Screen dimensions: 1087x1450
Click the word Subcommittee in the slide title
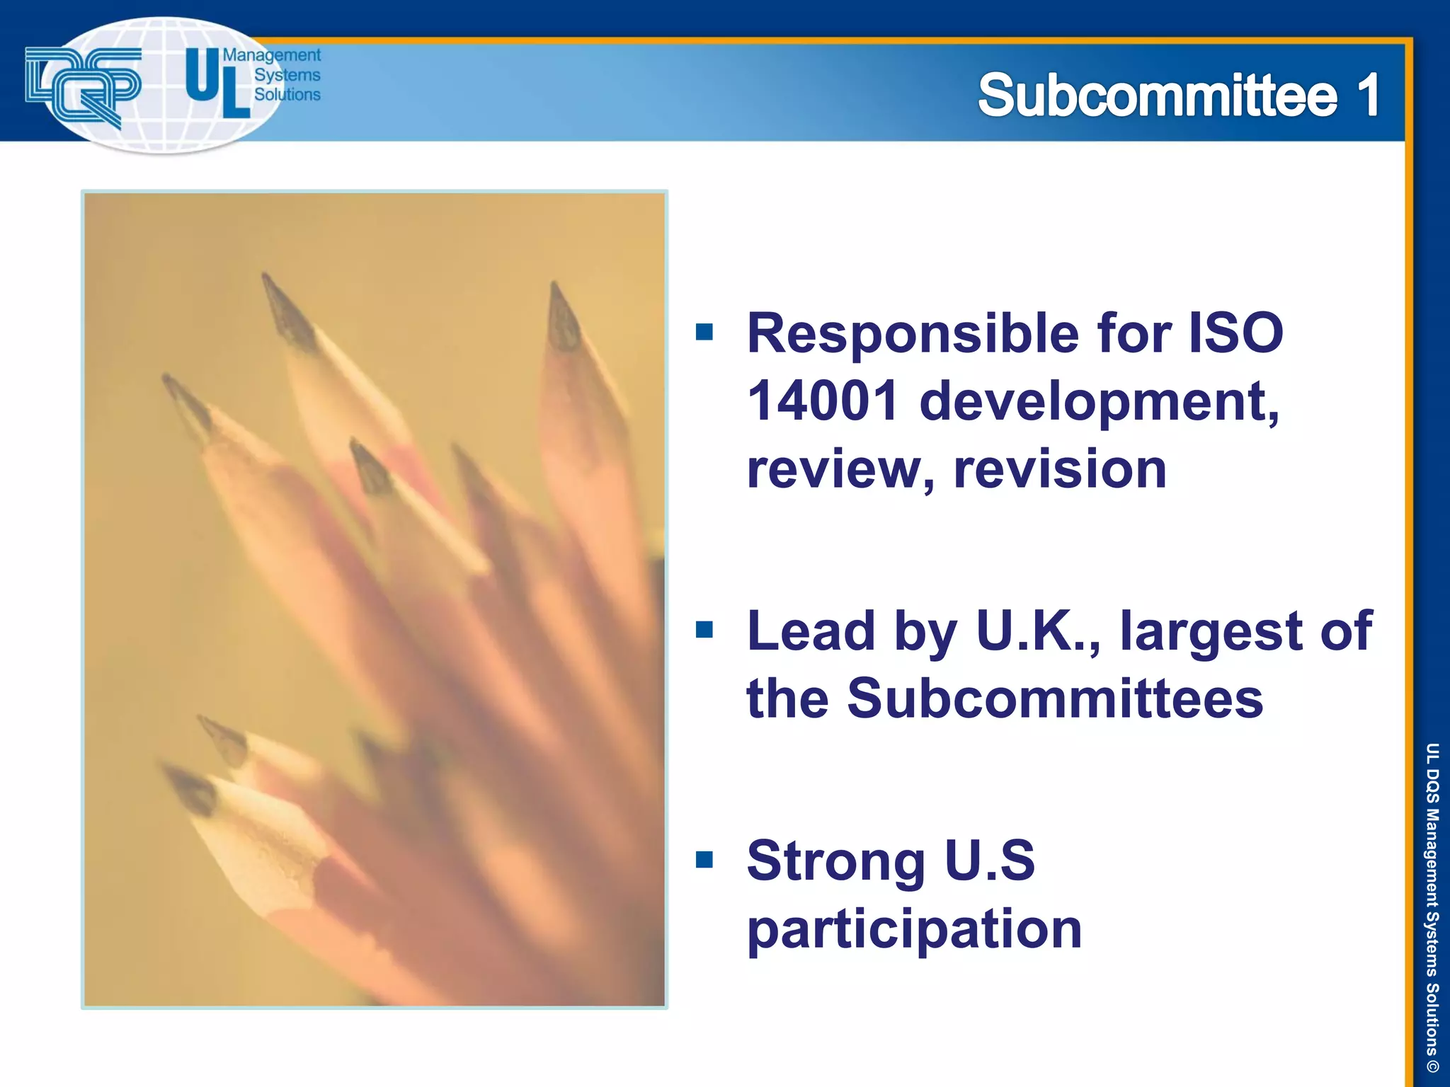point(1158,96)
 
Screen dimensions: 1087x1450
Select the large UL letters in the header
point(217,83)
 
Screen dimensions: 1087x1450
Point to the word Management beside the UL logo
point(272,56)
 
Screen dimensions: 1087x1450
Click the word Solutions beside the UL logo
point(287,94)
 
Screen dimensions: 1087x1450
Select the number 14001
point(823,401)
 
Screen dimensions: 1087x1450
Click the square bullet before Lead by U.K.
point(704,629)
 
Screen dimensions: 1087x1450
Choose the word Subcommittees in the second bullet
point(1054,698)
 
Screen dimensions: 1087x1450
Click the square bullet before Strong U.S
point(704,859)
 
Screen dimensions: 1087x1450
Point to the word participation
point(914,929)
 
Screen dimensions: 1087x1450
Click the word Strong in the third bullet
point(835,861)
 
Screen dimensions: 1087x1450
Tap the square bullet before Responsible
point(704,331)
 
